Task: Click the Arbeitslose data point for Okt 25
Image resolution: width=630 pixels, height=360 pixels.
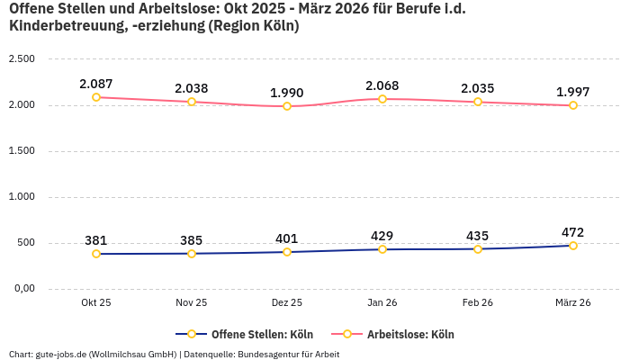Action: pyautogui.click(x=96, y=97)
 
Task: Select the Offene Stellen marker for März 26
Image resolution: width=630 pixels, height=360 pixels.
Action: pyautogui.click(x=573, y=246)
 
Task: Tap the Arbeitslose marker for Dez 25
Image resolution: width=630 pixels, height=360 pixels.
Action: pyautogui.click(x=287, y=106)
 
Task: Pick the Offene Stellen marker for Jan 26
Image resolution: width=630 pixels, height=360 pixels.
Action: pyautogui.click(x=382, y=249)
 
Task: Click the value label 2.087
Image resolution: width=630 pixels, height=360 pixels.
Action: pyautogui.click(x=96, y=84)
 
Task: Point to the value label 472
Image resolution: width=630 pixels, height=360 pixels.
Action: pyautogui.click(x=573, y=232)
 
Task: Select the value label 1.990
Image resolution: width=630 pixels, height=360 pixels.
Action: pyautogui.click(x=287, y=93)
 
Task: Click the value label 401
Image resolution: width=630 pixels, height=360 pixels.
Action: pyautogui.click(x=287, y=238)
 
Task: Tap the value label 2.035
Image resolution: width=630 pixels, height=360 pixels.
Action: pyautogui.click(x=478, y=88)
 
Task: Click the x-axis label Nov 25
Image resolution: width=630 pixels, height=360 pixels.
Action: pyautogui.click(x=192, y=303)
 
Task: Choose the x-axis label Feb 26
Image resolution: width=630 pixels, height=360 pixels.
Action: pyautogui.click(x=478, y=303)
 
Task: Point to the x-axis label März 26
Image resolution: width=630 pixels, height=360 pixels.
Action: pyautogui.click(x=573, y=303)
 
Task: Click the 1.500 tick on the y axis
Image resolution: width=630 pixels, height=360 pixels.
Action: pyautogui.click(x=21, y=151)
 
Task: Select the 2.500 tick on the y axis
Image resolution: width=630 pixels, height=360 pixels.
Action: pyautogui.click(x=21, y=59)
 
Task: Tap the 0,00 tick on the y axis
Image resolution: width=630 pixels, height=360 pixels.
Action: pyautogui.click(x=22, y=289)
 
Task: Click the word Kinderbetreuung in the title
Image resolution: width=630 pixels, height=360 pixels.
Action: pyautogui.click(x=59, y=26)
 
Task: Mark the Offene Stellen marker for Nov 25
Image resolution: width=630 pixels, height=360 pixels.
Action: pyautogui.click(x=192, y=254)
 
